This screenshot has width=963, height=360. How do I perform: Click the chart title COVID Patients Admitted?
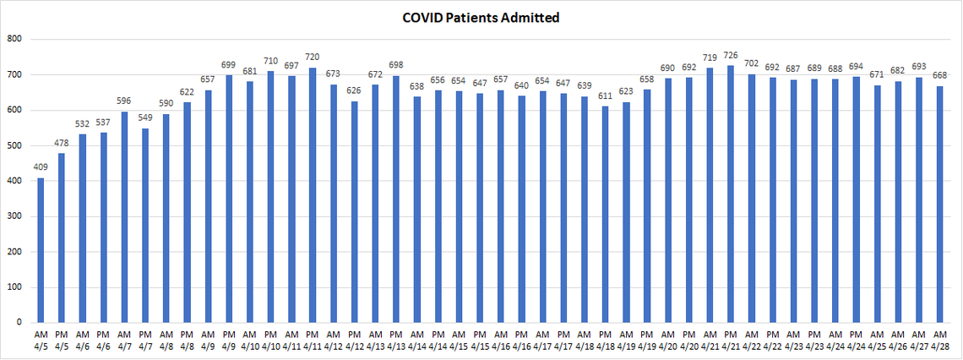481,17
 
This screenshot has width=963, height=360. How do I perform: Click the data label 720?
312,59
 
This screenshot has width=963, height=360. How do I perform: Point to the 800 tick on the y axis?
14,39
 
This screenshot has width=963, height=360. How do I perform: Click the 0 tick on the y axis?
19,323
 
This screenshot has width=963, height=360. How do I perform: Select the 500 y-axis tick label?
14,145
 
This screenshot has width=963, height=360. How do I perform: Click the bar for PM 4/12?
354,212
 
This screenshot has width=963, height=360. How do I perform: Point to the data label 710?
270,63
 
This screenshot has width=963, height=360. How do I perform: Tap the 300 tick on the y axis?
14,216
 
